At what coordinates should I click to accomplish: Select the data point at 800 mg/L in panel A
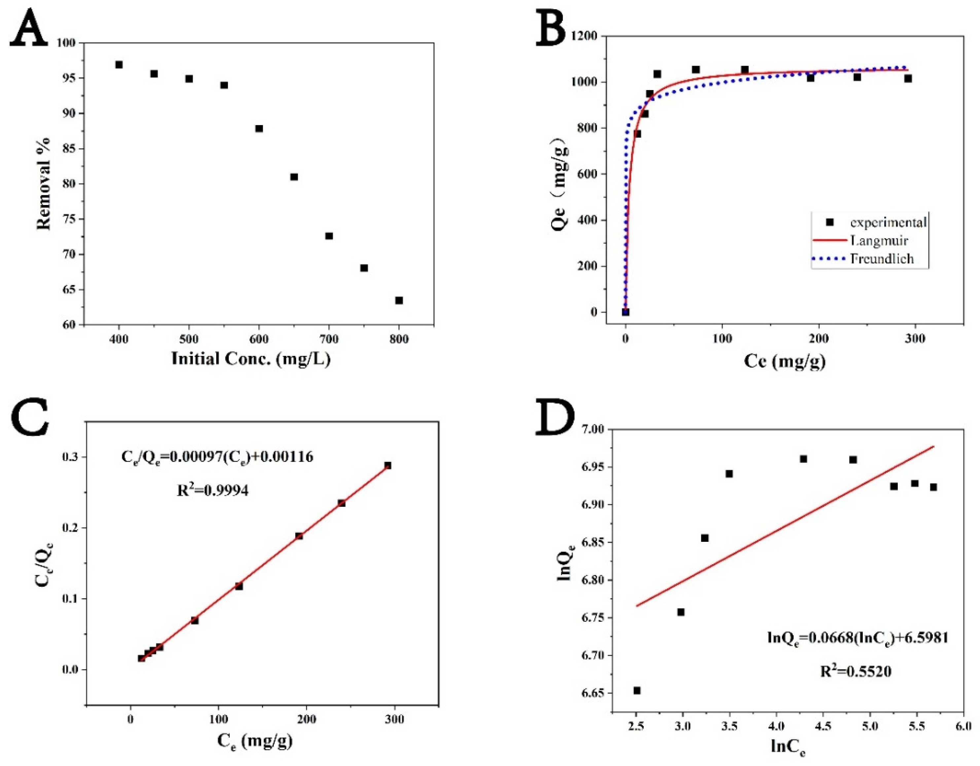[x=399, y=300]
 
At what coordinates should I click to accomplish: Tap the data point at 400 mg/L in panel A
[x=119, y=65]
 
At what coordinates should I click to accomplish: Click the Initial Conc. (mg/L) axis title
[x=251, y=359]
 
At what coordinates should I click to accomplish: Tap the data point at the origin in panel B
[x=625, y=312]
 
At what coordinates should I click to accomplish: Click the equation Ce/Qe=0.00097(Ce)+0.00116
[x=217, y=457]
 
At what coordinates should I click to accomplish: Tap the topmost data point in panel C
[x=388, y=465]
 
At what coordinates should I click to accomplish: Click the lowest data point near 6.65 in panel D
[x=637, y=690]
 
